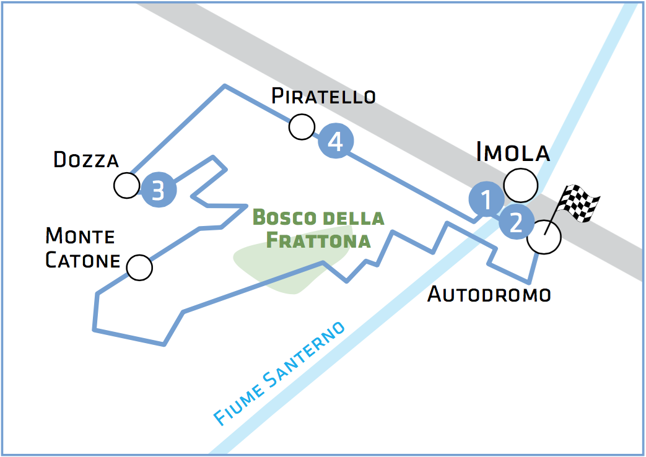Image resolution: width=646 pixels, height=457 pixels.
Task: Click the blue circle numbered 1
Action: coord(487,199)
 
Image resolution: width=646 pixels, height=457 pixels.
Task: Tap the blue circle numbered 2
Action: coord(516,222)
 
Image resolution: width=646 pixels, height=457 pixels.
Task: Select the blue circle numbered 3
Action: coord(159,189)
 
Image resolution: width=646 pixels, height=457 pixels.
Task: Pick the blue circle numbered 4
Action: coord(336,141)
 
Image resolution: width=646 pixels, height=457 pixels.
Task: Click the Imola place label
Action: coord(513,152)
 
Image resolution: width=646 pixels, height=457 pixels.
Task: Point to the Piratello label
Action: coord(323,96)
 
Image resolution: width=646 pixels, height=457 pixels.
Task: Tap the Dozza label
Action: coord(86,159)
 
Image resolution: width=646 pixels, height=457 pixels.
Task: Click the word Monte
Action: coord(80,236)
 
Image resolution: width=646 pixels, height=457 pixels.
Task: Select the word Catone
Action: coord(82,261)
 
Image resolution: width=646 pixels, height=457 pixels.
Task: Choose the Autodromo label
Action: coord(489,294)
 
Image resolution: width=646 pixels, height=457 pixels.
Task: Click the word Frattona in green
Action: coord(318,241)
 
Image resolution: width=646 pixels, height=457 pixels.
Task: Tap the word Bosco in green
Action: coord(284,217)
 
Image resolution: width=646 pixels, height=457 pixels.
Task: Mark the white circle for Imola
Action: coord(521,185)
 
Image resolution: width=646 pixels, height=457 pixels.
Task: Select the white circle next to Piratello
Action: coord(302,127)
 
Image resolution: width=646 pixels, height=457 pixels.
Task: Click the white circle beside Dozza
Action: coord(127,185)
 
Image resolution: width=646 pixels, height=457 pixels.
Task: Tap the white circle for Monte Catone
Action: coord(139,268)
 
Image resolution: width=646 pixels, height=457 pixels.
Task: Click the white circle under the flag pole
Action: coord(544,237)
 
